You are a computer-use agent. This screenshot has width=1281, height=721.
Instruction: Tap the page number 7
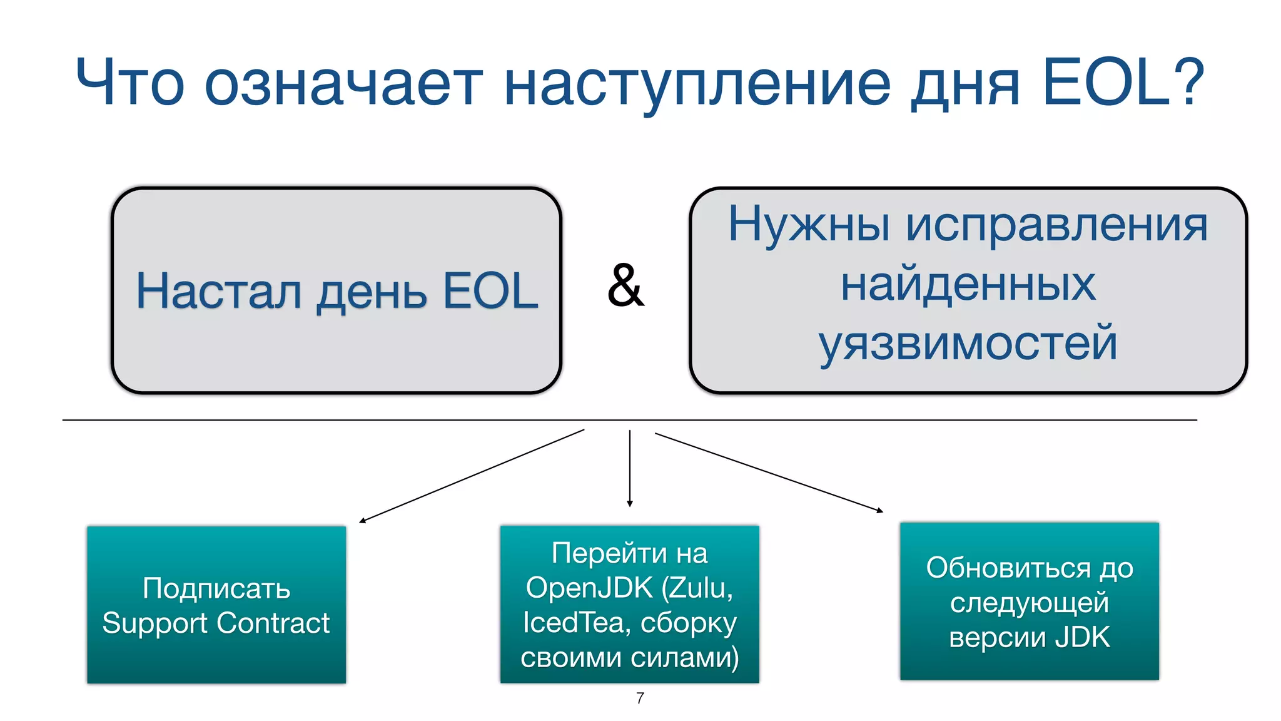(640, 698)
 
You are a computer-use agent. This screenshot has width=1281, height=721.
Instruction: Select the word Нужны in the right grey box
(809, 225)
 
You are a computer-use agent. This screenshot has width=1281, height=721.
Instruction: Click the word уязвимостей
(968, 344)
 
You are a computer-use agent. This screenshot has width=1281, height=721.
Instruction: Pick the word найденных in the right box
(968, 285)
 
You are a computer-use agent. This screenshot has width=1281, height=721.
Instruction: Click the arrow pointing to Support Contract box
(472, 475)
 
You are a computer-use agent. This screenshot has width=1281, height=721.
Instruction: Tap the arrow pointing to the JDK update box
(769, 473)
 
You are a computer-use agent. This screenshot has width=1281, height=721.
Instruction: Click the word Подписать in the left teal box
(216, 589)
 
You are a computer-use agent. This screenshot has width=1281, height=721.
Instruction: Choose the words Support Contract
(216, 623)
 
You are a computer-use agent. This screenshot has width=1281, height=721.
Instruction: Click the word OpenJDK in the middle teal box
(589, 588)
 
